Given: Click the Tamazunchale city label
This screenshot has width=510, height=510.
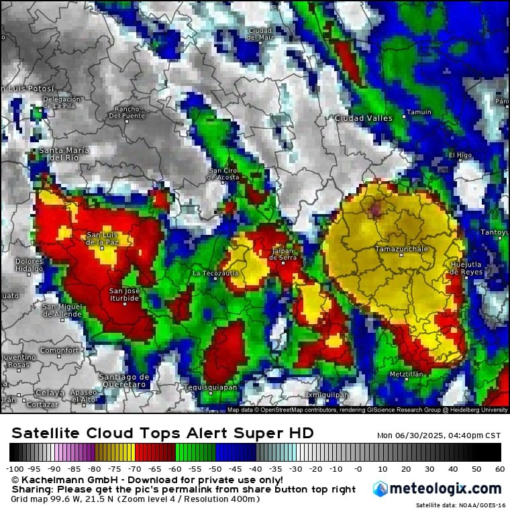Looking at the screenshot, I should point(401,249).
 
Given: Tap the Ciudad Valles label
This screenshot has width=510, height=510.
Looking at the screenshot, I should point(363,118).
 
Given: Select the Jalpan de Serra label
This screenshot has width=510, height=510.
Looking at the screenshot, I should point(283,254).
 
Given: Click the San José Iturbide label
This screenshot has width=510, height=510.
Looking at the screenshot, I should point(124,295).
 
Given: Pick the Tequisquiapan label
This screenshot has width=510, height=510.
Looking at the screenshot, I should point(210,387).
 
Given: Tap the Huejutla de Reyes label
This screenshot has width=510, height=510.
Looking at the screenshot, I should point(466,268).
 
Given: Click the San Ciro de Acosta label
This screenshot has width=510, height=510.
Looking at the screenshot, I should point(223,174).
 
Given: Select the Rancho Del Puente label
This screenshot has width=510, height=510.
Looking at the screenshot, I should point(127,112).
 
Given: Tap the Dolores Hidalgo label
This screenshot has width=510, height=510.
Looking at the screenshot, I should point(29,264).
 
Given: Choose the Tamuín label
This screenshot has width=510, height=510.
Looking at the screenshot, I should point(419,112).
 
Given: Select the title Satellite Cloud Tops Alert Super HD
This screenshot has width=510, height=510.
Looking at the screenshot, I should point(162,433).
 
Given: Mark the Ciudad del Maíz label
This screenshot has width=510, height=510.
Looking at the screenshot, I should point(260,34).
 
